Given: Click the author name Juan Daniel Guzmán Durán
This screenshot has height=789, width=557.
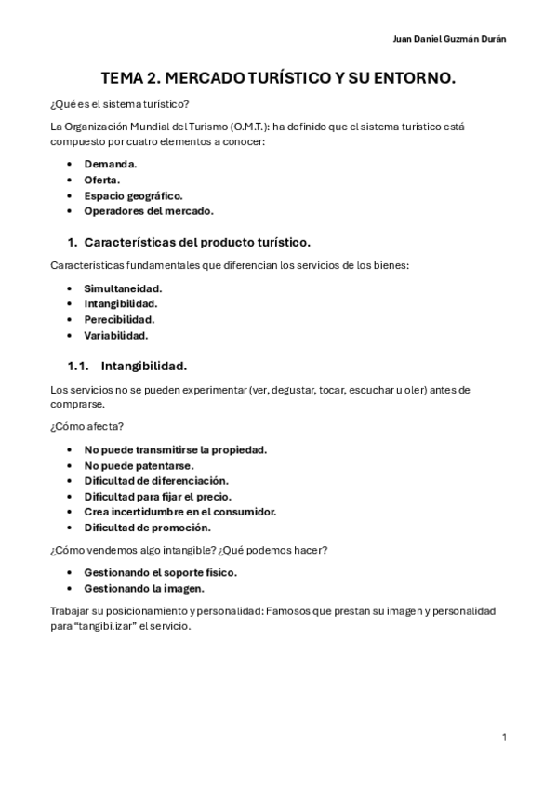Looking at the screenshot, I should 451,38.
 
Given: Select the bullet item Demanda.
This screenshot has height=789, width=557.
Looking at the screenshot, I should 111,164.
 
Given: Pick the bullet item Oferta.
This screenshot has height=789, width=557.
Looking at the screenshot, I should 102,180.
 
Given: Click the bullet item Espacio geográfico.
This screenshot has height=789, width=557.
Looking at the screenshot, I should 133,195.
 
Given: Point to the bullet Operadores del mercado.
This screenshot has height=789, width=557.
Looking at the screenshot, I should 149,211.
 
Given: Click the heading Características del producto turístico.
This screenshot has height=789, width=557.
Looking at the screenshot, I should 197,242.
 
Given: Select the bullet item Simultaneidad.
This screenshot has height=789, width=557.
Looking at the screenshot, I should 123,288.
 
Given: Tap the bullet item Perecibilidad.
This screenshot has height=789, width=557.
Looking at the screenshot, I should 119,319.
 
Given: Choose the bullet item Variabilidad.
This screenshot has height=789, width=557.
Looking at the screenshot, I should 116,335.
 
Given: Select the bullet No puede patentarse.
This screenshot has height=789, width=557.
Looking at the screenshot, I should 139,465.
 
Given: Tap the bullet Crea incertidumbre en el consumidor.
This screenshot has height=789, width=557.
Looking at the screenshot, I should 180,512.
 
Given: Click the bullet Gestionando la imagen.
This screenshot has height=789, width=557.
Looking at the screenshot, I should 144,588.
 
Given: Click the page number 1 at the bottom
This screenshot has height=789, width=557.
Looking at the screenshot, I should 503,737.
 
